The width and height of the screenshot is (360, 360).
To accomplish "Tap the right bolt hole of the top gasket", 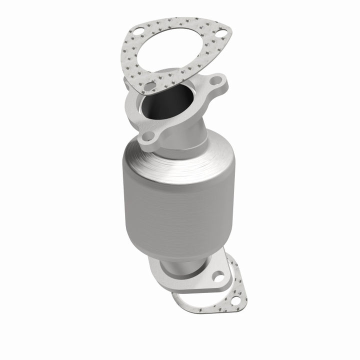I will tap(221, 34).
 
